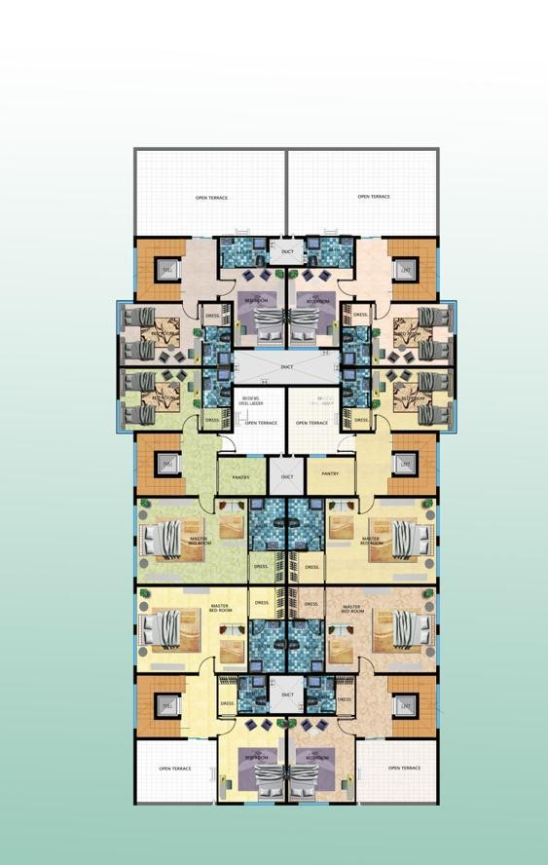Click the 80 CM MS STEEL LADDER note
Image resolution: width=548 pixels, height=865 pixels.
pos(251,401)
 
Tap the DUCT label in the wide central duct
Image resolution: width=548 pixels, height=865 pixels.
pos(286,367)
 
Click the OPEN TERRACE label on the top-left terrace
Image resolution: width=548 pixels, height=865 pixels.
pos(211,198)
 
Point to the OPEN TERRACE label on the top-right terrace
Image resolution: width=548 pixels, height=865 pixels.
pos(374,197)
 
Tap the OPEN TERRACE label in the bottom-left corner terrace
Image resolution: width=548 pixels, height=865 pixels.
pos(175,769)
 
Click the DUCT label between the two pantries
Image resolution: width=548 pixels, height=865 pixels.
pos(286,476)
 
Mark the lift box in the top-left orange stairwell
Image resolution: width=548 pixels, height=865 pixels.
pos(166,269)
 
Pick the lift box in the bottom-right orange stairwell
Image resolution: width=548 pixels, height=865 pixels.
pos(406,705)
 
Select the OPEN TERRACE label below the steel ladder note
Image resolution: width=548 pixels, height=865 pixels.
pos(261,423)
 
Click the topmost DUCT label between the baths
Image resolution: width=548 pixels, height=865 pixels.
pos(286,252)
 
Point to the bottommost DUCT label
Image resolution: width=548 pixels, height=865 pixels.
pos(286,696)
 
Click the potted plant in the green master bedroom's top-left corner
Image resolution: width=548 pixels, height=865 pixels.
pos(144,504)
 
